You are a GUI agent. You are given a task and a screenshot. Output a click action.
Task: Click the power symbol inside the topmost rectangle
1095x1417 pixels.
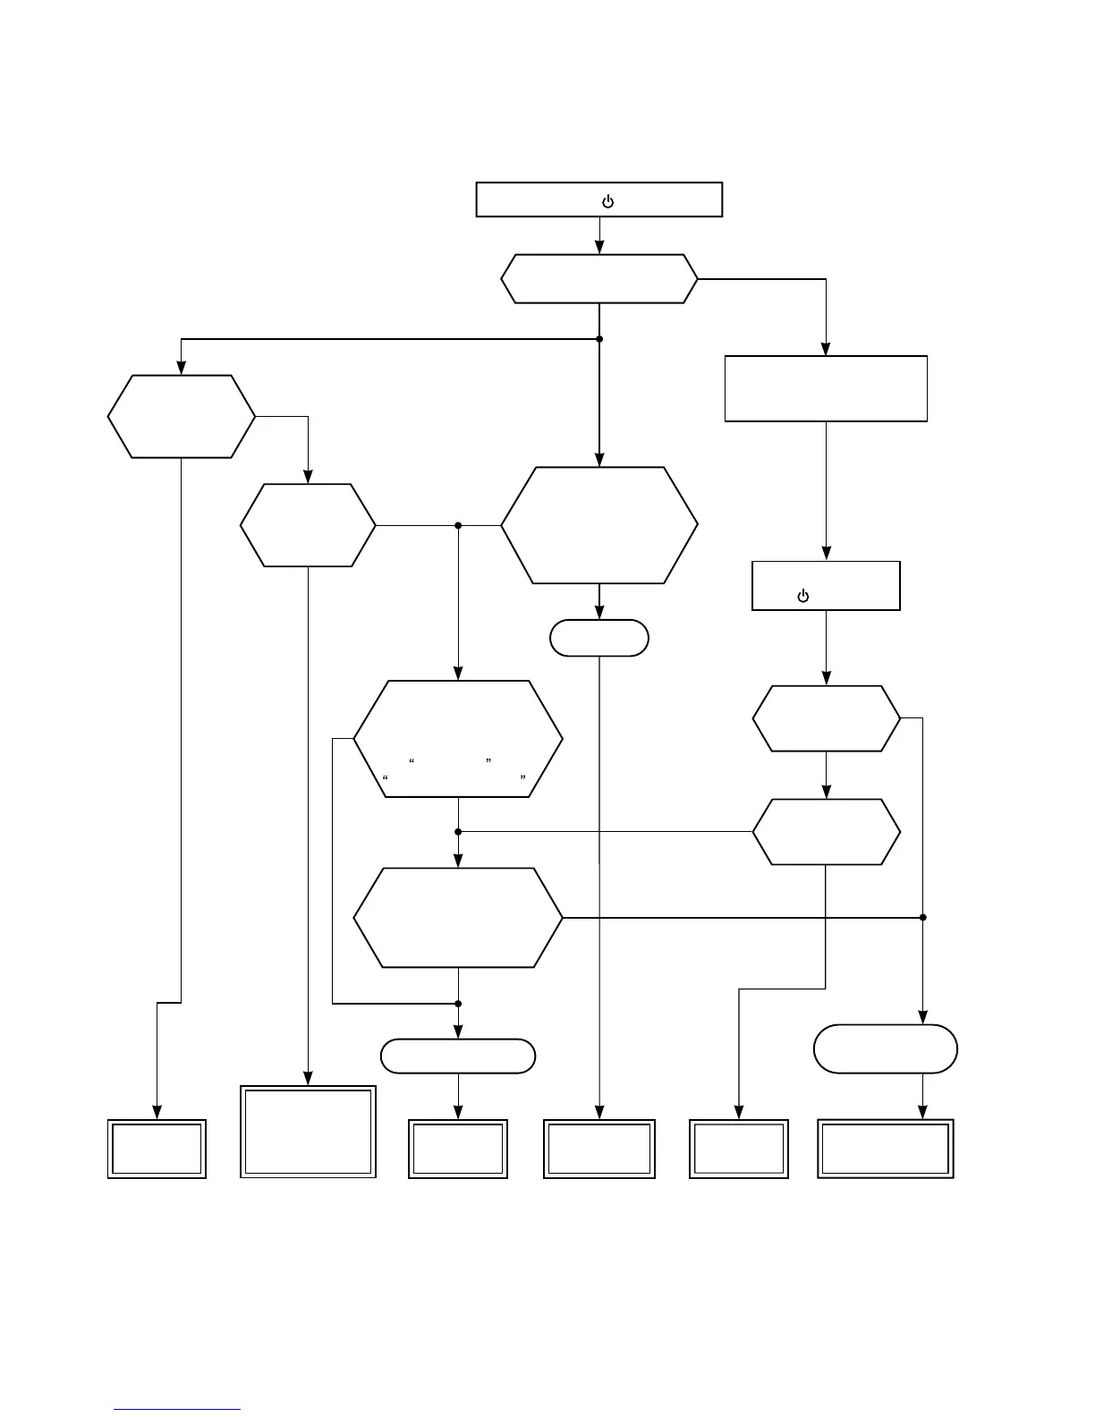(607, 201)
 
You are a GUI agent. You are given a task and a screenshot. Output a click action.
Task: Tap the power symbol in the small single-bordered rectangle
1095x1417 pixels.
(802, 596)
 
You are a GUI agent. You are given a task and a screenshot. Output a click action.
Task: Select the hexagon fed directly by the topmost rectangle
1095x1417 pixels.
(599, 279)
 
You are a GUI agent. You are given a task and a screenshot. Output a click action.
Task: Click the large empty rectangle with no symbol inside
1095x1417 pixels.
(825, 388)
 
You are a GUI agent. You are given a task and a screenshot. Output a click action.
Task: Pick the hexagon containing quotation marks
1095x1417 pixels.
(458, 739)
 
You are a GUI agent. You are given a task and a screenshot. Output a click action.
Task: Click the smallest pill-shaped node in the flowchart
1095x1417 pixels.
(599, 638)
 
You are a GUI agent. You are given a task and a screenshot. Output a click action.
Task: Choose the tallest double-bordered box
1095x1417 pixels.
(308, 1132)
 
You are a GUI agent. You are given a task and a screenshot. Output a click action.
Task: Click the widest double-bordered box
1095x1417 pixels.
(886, 1149)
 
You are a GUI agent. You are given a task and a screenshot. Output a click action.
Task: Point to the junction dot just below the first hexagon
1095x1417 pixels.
(599, 339)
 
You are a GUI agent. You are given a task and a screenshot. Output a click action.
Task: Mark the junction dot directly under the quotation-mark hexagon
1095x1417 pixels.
(458, 832)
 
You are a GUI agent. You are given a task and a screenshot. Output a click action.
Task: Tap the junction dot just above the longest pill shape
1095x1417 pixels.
(458, 1004)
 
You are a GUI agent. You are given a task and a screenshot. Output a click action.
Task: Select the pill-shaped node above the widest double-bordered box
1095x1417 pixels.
(886, 1048)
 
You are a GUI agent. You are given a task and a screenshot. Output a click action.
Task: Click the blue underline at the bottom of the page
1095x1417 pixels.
(177, 1410)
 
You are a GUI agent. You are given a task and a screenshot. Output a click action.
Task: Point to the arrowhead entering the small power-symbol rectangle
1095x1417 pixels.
(826, 554)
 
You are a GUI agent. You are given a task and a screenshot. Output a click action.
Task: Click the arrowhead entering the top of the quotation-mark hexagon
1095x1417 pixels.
(458, 674)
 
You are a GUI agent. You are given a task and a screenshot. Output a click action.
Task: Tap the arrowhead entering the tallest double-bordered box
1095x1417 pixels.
(308, 1078)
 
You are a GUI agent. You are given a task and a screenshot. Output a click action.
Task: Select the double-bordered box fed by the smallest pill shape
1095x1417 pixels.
(599, 1149)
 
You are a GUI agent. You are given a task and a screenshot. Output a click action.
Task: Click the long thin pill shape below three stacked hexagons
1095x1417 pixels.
(458, 1056)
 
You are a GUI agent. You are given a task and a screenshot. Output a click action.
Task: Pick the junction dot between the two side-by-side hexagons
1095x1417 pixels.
(458, 525)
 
